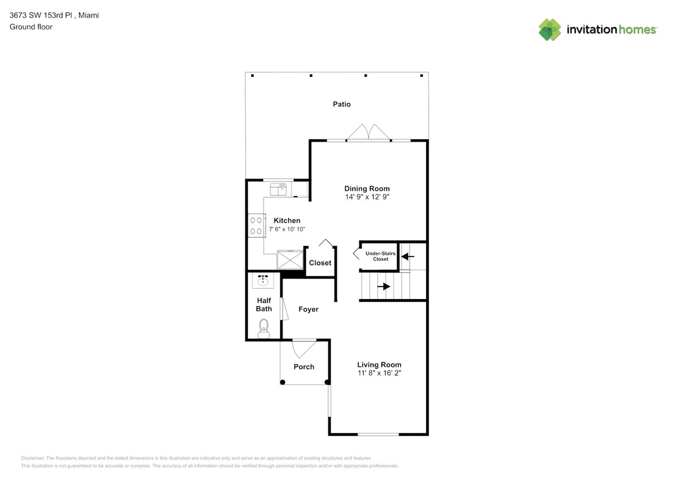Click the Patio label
click(341, 104)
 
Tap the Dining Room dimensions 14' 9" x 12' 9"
click(367, 197)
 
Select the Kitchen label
click(287, 220)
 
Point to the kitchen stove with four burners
click(255, 225)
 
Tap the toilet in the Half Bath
click(263, 328)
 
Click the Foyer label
click(308, 309)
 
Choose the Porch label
click(304, 367)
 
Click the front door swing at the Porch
click(304, 348)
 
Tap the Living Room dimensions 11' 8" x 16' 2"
click(379, 373)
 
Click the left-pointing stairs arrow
click(407, 257)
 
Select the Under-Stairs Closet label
click(380, 256)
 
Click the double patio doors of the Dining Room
click(368, 133)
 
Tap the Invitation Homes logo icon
click(550, 29)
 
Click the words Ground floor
click(31, 27)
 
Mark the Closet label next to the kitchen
click(320, 263)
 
